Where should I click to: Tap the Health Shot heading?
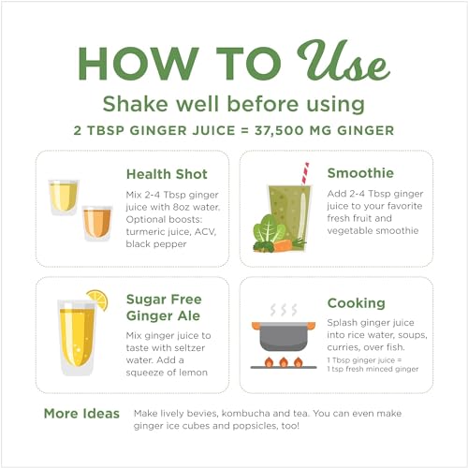[167, 174]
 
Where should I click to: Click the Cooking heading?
[356, 303]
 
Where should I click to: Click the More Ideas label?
[81, 413]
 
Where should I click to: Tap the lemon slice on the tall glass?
[96, 300]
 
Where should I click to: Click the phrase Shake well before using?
[233, 102]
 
